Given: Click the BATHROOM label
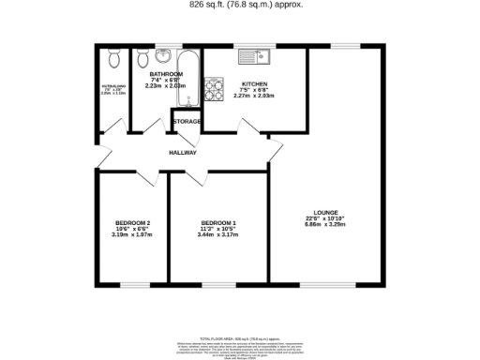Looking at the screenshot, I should coord(165,73).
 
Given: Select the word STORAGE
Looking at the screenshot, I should coord(186,122).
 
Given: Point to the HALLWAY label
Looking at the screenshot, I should coord(182,152).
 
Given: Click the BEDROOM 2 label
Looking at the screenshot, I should coord(133,222).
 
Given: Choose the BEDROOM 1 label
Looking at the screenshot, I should coord(218,222).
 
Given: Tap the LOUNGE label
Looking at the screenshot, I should coord(326,212).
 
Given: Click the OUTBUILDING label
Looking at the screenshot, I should coord(112,85).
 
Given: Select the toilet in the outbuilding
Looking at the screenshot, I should coord(112,58).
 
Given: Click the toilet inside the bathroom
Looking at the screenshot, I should coord(142,58).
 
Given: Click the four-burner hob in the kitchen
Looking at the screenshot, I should coord(213,88).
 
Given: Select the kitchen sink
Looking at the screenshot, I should coord(254,55).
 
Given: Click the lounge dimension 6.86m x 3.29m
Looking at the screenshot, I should coord(326,225).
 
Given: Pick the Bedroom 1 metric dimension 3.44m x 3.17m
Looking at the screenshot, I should coord(218,235).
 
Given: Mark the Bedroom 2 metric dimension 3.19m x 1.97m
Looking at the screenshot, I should coord(133,235).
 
